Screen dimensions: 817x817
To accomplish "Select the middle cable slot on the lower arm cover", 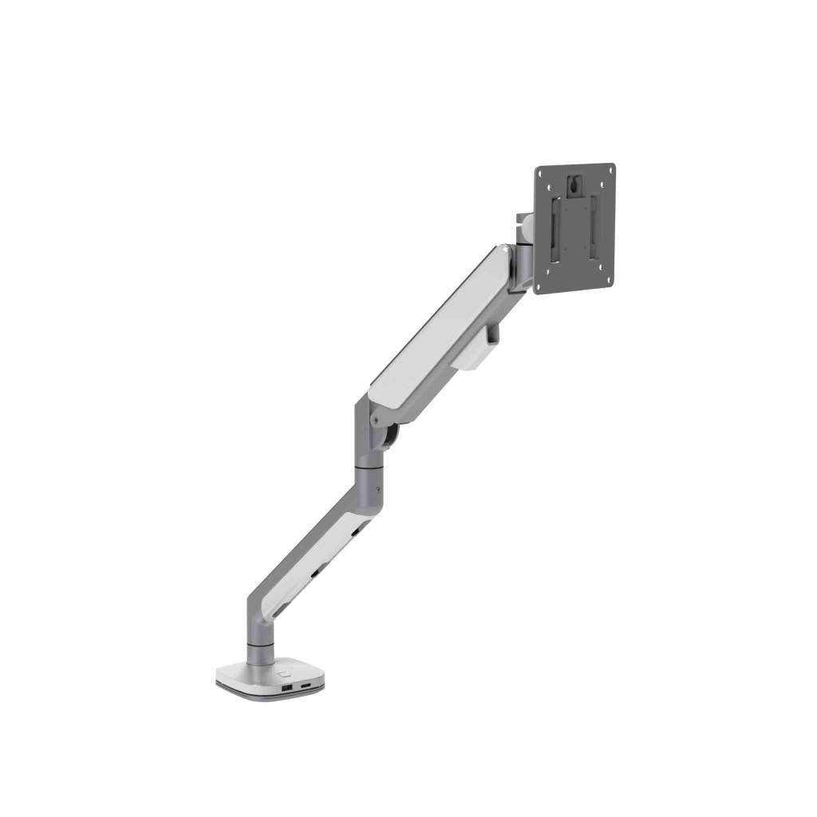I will [x=318, y=572].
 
